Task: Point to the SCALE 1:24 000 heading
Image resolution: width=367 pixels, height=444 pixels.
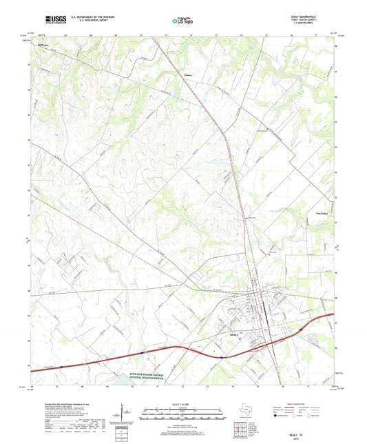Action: pyautogui.click(x=183, y=403)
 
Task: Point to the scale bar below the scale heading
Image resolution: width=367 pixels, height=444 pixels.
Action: pyautogui.click(x=183, y=416)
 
